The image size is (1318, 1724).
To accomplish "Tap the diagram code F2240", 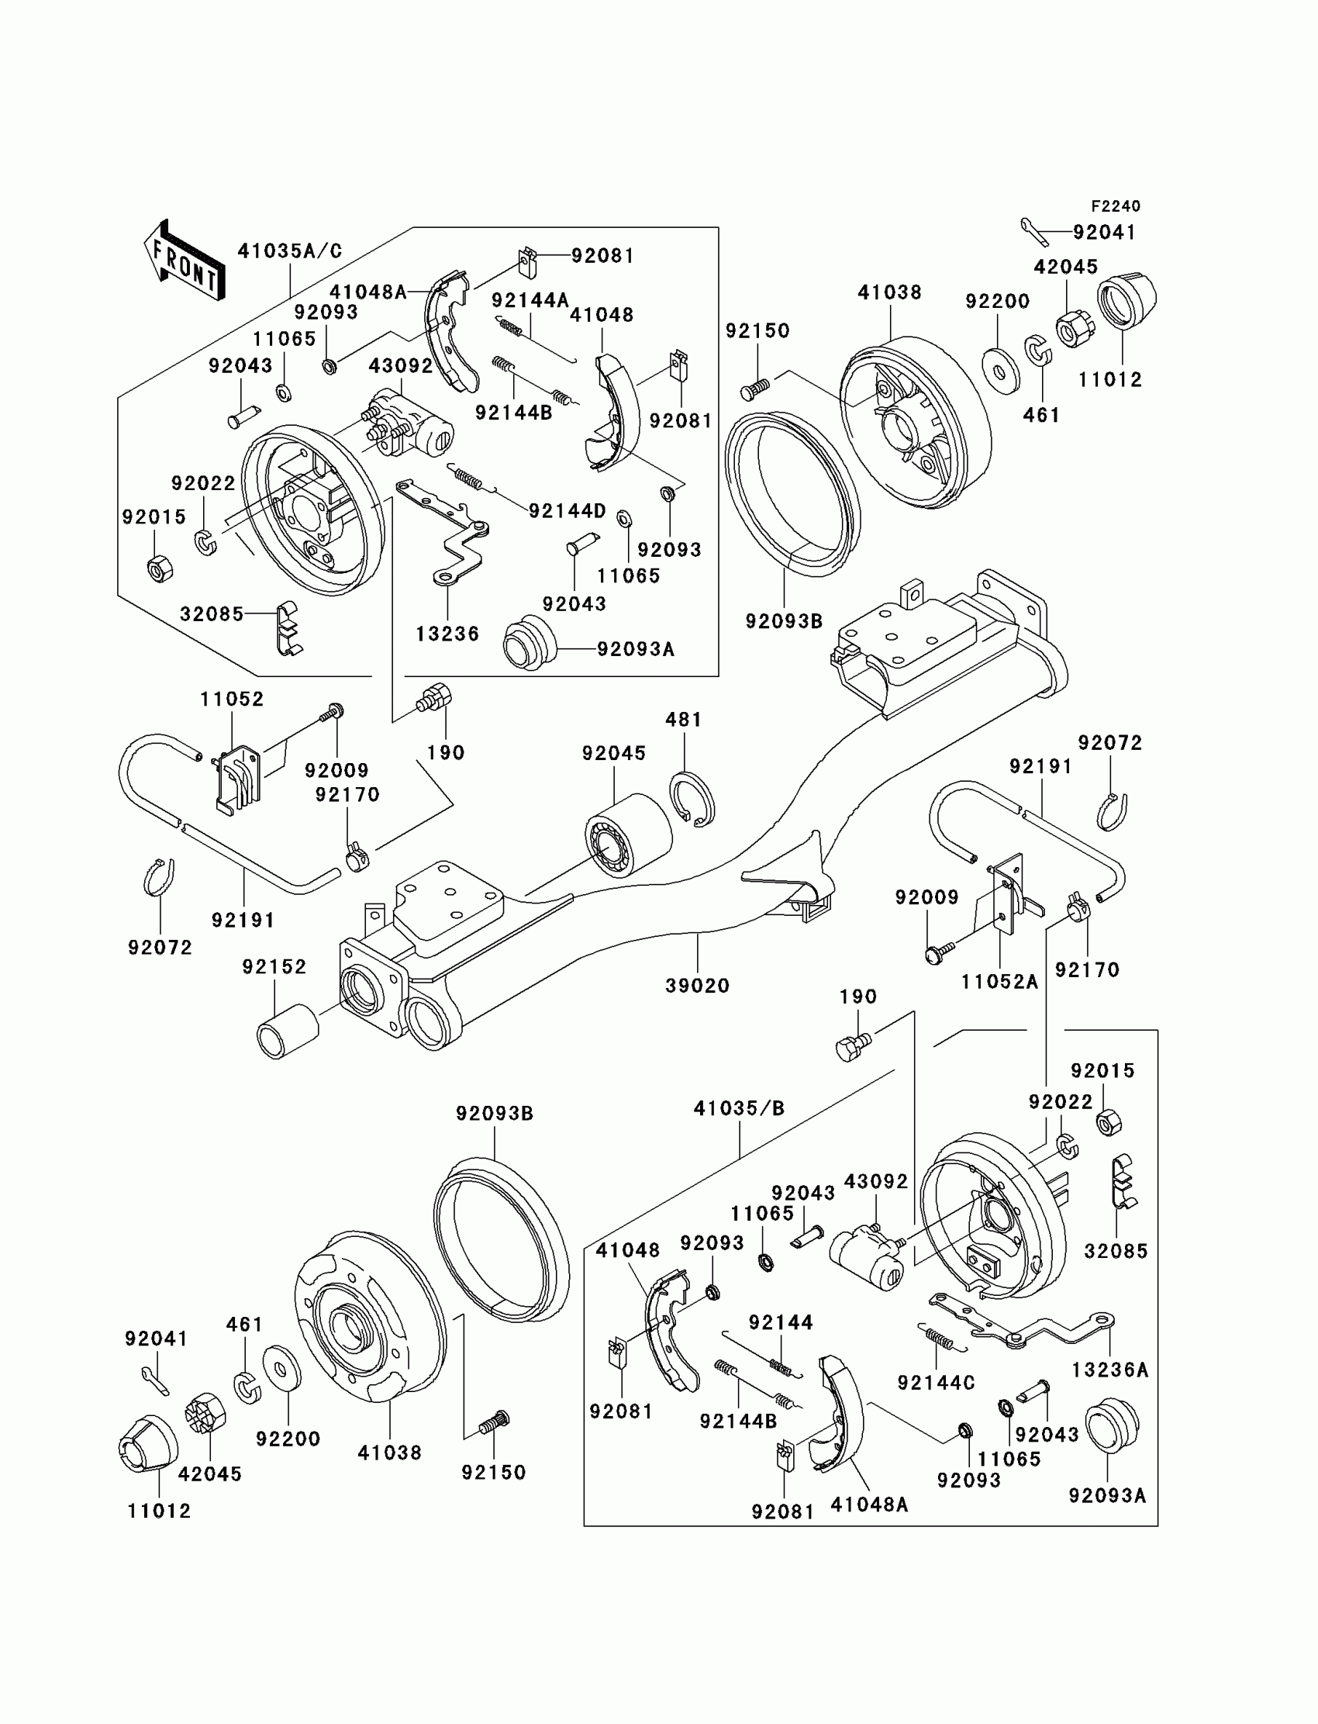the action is point(1116,206).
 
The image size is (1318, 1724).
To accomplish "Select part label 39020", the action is point(698,986).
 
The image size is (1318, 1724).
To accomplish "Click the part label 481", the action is point(683,720).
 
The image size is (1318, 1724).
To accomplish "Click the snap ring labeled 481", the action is point(692,800).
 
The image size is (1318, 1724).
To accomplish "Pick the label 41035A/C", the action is point(290,251).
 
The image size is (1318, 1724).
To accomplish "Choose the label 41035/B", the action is point(739,1108).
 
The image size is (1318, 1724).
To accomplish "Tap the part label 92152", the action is point(274,967).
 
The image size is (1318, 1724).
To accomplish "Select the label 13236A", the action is point(1110,1370).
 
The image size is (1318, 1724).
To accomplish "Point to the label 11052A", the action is point(999,982).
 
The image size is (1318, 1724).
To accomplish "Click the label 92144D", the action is point(568,511).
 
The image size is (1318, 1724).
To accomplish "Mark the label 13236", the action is point(447,634).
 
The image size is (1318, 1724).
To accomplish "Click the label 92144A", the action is point(530,301).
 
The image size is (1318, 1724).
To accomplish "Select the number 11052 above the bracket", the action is point(233,700).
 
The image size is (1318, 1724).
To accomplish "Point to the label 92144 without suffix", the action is point(781,1322).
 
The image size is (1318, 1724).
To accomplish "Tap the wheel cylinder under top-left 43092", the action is point(407,423).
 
